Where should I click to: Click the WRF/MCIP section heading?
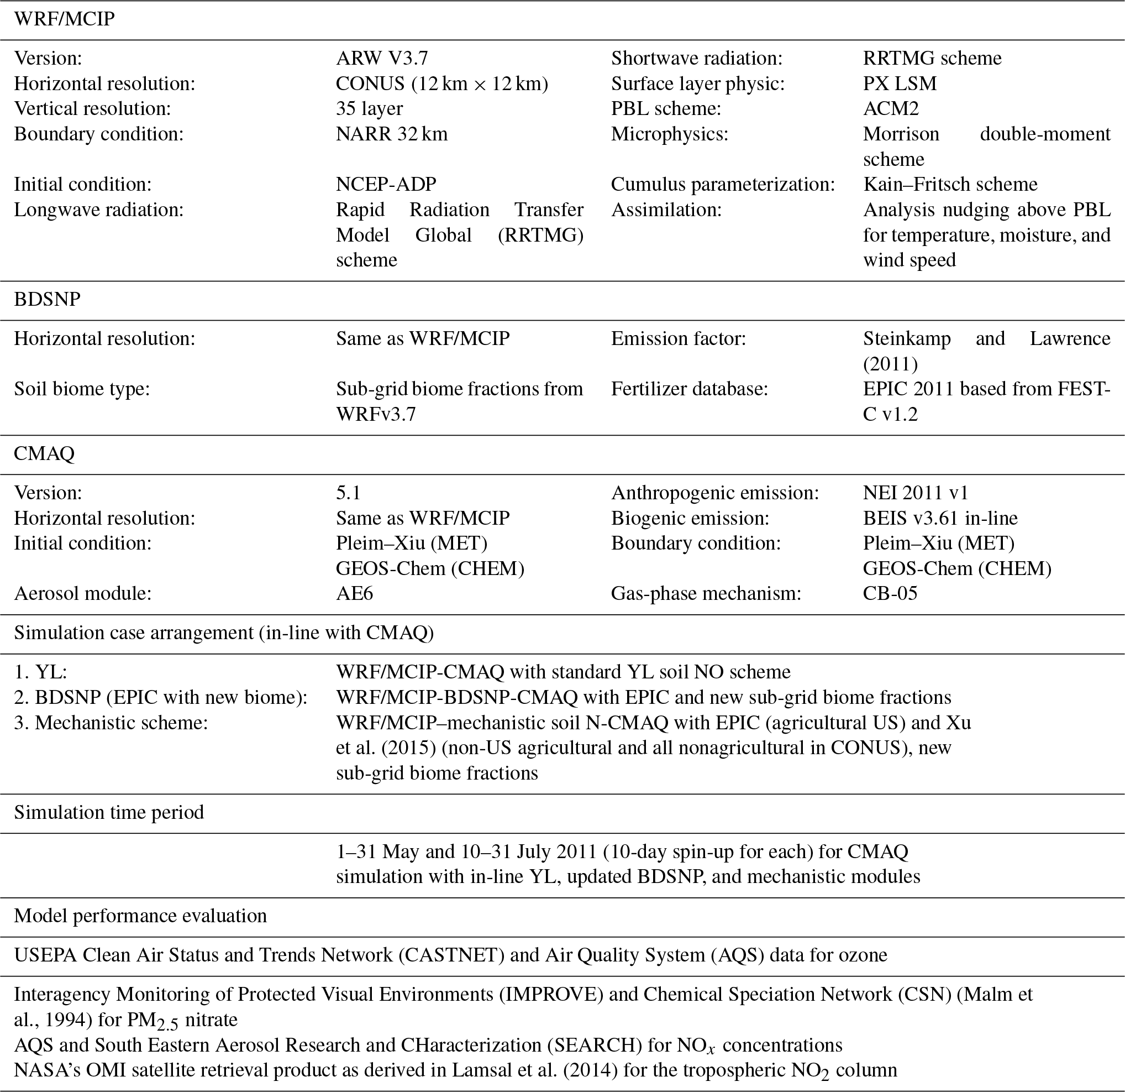point(64,19)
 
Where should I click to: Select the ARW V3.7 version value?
point(382,58)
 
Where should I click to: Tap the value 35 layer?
point(369,108)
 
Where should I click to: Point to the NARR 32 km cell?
point(391,134)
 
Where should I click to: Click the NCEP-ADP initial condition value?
point(386,184)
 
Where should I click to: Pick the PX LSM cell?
point(900,83)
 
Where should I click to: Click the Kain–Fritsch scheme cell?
point(950,184)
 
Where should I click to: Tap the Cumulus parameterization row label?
point(722,184)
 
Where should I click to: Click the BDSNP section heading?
point(47,299)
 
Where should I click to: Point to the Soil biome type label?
point(82,389)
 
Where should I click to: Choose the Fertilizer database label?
point(689,389)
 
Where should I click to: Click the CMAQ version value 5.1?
point(348,493)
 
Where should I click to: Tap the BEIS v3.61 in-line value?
point(940,518)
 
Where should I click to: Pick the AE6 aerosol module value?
point(354,593)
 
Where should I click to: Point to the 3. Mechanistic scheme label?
point(111,723)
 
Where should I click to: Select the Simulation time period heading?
point(109,812)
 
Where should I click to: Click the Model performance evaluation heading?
point(140,916)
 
